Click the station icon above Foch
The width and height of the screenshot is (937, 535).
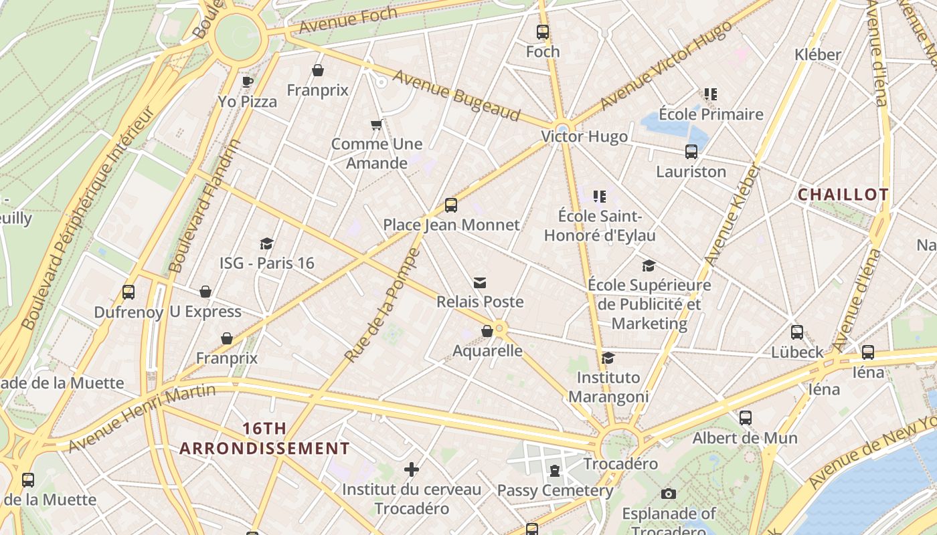(542, 31)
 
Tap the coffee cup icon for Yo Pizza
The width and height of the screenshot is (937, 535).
(247, 82)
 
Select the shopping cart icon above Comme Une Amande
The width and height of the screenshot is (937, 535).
(376, 124)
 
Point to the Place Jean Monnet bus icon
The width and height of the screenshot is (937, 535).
(450, 205)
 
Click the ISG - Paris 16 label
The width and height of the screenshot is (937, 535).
(266, 263)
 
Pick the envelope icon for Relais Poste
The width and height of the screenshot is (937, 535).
(479, 283)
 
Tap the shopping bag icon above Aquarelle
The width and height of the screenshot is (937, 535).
(487, 331)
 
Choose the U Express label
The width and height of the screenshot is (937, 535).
(205, 312)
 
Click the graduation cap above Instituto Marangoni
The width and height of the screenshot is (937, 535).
(608, 358)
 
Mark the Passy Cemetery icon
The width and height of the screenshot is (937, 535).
(554, 471)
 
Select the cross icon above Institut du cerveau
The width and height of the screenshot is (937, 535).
(412, 469)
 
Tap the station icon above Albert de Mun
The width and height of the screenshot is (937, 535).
(745, 418)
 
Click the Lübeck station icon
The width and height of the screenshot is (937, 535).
(796, 332)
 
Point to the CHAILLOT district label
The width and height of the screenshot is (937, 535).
(843, 195)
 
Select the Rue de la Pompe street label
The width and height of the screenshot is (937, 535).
(382, 306)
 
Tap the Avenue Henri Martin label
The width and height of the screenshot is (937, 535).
(142, 417)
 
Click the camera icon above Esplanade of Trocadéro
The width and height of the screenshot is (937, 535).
(668, 494)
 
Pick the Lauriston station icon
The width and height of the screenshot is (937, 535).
(691, 152)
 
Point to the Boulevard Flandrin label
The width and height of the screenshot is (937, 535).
(205, 205)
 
